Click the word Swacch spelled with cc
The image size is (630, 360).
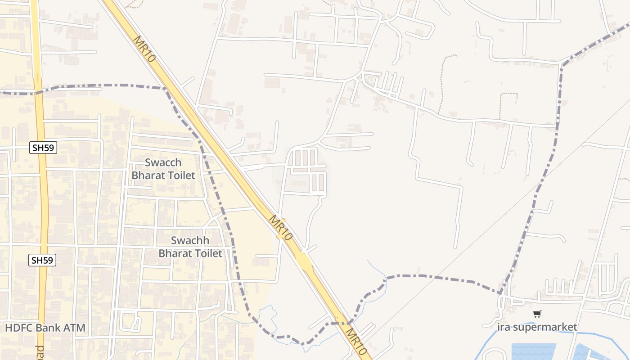pyautogui.click(x=163, y=162)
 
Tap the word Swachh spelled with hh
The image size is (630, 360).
pyautogui.click(x=190, y=240)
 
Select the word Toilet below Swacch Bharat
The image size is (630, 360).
pyautogui.click(x=180, y=175)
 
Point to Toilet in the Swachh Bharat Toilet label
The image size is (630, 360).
pyautogui.click(x=207, y=253)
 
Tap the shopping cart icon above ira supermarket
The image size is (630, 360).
pyautogui.click(x=537, y=314)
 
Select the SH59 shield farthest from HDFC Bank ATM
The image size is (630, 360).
pyautogui.click(x=44, y=148)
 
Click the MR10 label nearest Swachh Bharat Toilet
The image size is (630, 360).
pyautogui.click(x=281, y=228)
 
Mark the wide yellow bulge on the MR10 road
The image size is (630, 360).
pyautogui.click(x=304, y=261)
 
